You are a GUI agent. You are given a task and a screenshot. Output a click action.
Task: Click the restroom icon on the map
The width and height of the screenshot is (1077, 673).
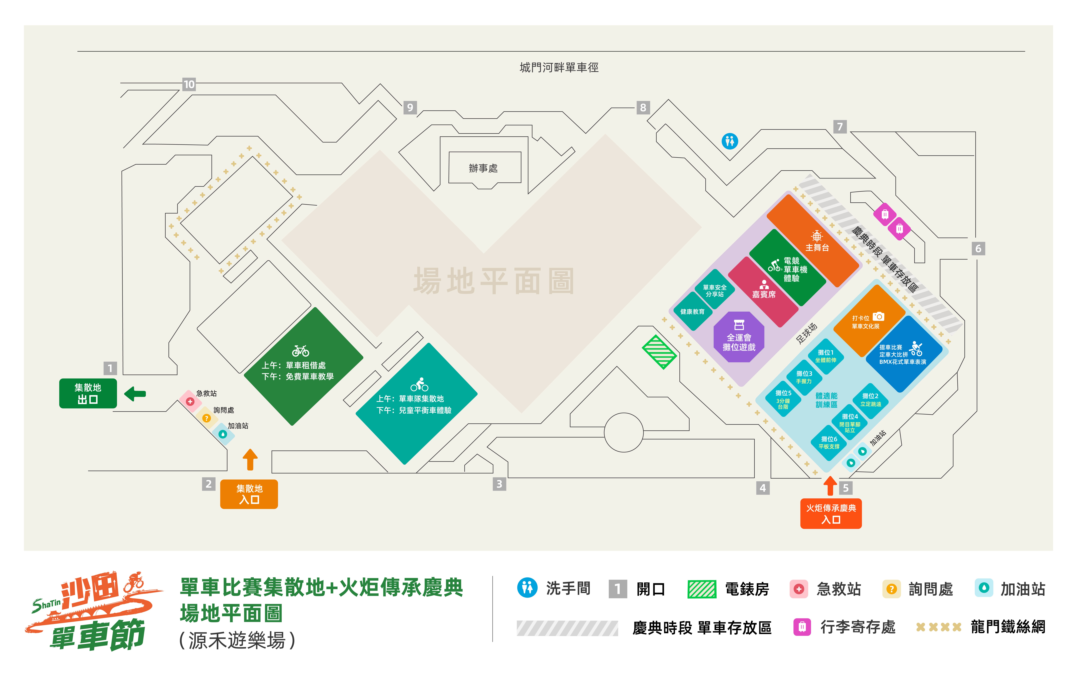point(729,141)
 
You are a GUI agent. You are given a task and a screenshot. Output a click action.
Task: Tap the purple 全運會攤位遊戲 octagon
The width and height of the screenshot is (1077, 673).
point(739,337)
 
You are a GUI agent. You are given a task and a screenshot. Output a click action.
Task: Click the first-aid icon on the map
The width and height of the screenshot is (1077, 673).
point(190,402)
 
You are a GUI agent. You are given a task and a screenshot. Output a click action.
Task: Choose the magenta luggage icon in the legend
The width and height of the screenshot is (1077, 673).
point(802,627)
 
